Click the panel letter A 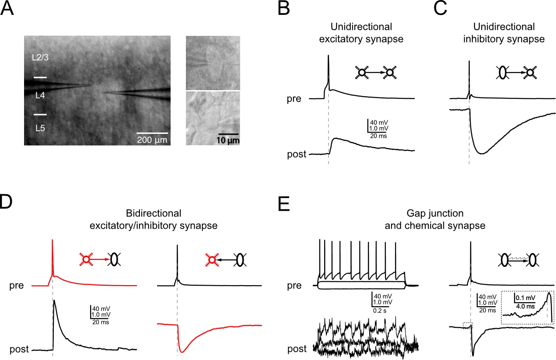click(x=10, y=10)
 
